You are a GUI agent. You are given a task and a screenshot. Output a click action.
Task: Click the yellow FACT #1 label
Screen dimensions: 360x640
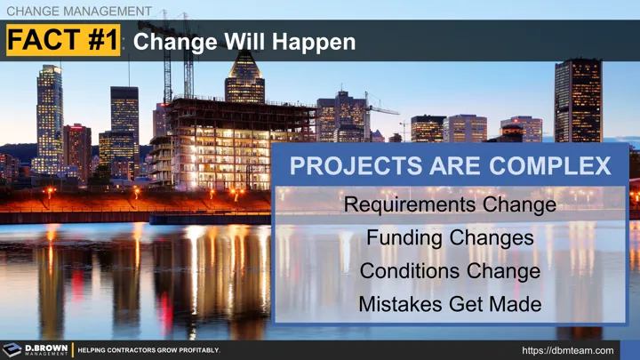click(x=62, y=42)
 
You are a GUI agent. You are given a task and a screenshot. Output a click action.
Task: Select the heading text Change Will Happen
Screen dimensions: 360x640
click(x=244, y=42)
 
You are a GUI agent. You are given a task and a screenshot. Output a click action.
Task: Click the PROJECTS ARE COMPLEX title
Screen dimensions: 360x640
click(x=451, y=165)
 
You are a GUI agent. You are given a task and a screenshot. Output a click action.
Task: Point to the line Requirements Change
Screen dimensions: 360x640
click(x=450, y=205)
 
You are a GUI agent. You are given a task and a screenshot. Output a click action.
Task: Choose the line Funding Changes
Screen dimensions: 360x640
click(x=450, y=238)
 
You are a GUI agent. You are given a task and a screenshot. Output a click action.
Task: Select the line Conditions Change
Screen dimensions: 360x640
click(x=450, y=271)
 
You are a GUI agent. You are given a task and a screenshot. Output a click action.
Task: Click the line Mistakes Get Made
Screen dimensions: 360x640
click(x=450, y=304)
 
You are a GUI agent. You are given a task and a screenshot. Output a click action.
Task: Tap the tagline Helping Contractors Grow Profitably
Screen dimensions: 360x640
click(x=148, y=350)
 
